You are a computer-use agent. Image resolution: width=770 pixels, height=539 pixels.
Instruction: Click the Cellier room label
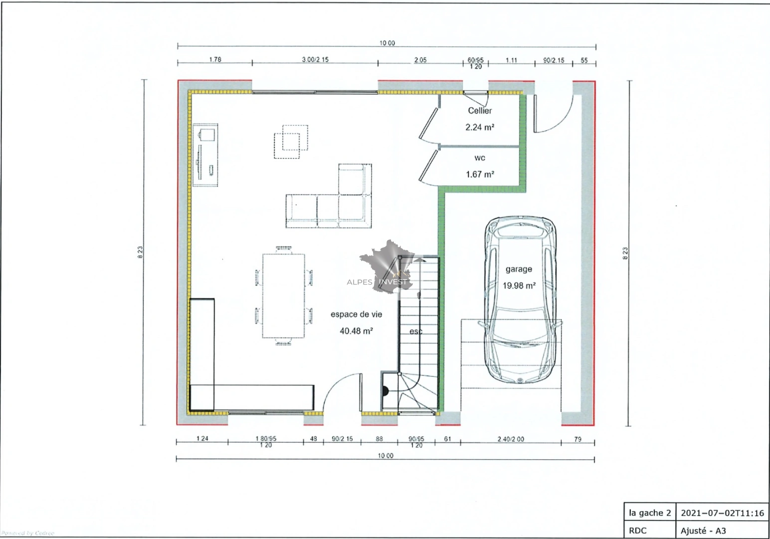pos(479,111)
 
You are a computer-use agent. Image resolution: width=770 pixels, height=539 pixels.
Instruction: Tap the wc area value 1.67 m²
pos(480,174)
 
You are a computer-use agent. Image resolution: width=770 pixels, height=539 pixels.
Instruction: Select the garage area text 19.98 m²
pos(519,285)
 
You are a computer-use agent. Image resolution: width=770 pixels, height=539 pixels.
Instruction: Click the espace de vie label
pos(356,314)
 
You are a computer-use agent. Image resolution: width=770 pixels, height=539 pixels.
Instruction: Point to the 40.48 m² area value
pos(356,330)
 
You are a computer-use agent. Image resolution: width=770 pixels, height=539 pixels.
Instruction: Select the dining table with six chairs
pos(283,295)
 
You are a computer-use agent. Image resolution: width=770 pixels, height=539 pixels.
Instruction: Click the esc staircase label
pos(416,331)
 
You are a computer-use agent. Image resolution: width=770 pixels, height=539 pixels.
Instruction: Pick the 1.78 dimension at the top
pos(215,59)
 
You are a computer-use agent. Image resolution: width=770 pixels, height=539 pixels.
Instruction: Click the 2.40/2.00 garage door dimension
pos(511,439)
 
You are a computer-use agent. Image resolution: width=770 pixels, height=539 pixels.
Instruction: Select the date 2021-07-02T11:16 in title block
pos(722,513)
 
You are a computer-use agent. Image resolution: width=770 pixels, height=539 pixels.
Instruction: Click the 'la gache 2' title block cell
pos(649,513)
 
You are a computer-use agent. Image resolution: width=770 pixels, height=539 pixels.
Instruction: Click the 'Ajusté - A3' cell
pos(703,531)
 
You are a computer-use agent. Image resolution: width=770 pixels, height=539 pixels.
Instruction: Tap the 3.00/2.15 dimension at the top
pos(315,59)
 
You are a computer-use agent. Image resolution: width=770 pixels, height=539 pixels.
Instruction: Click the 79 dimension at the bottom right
pos(577,439)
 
